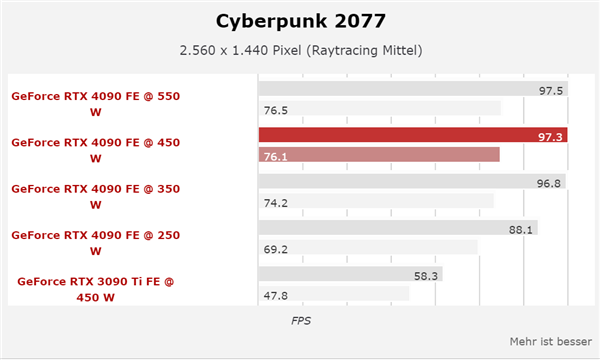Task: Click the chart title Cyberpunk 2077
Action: (299, 21)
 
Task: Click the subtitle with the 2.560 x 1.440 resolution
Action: (299, 51)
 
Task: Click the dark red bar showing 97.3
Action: (413, 135)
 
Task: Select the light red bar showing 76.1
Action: (379, 154)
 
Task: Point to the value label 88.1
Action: (521, 228)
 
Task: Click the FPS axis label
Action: (301, 321)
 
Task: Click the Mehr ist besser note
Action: (550, 340)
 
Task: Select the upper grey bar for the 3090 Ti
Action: (350, 274)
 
